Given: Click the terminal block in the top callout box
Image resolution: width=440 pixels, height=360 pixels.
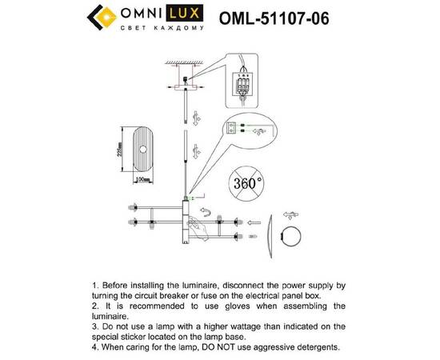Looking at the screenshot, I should click(x=242, y=81).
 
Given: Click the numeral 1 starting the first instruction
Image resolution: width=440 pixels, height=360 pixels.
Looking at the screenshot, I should click(x=94, y=285).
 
